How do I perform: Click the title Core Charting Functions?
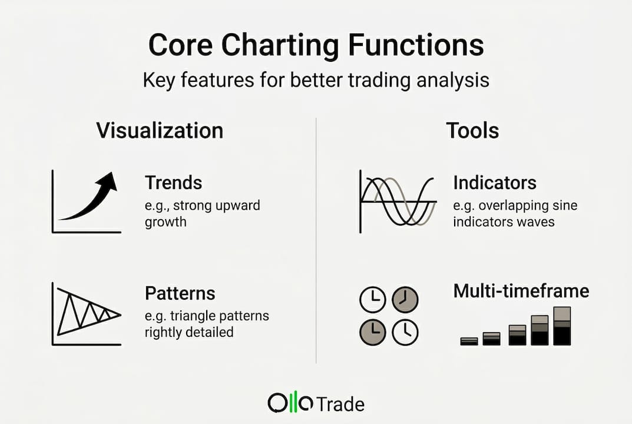click(x=316, y=46)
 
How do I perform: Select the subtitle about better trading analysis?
click(x=316, y=79)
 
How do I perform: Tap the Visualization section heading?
click(x=160, y=130)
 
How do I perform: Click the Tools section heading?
click(x=472, y=130)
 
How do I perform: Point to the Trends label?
click(x=173, y=183)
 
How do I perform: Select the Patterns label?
click(x=180, y=293)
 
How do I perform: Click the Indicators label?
click(x=494, y=183)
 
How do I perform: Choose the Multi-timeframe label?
click(x=521, y=291)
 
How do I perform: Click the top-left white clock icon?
click(x=372, y=300)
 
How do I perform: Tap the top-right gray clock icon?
click(x=405, y=300)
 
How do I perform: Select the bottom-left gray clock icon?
click(x=372, y=332)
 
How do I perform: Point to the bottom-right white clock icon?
click(x=405, y=332)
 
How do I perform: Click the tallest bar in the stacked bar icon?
click(x=562, y=326)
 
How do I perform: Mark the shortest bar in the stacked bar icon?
click(x=469, y=341)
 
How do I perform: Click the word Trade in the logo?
click(x=340, y=404)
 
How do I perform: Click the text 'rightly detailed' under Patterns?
click(x=188, y=332)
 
